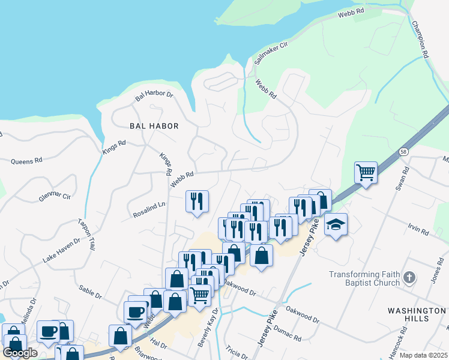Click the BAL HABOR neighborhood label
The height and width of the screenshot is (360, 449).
(154, 126)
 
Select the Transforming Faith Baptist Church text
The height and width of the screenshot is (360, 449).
(364, 279)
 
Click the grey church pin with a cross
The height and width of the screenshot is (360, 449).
(409, 277)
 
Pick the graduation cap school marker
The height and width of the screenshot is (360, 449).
(336, 225)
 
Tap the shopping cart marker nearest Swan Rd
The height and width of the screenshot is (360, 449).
(366, 173)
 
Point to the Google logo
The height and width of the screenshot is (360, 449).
(20, 352)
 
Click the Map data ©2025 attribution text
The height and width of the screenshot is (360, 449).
(423, 355)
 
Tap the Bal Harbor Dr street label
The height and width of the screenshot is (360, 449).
(154, 95)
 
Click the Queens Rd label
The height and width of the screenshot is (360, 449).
(27, 161)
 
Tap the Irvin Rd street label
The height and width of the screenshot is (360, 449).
(418, 231)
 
